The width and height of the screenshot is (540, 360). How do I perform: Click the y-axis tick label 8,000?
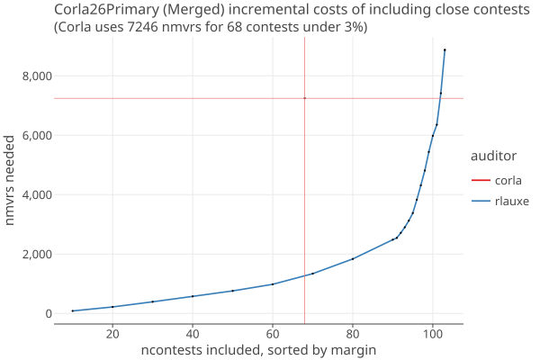(x=37, y=76)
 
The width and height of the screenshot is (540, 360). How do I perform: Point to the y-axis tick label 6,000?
(x=37, y=135)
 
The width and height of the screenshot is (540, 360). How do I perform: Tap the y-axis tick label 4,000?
(x=37, y=194)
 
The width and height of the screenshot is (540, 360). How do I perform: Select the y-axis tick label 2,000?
(x=37, y=254)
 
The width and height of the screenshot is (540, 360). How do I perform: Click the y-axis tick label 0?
(x=49, y=313)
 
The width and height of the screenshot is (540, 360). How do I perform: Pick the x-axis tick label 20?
(x=112, y=334)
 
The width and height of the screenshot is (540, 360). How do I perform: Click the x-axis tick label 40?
(x=193, y=334)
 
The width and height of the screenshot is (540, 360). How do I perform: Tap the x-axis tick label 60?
(x=273, y=334)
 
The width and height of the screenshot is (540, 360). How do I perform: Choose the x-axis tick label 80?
(x=353, y=334)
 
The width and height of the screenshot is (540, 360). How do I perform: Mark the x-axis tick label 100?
(x=433, y=334)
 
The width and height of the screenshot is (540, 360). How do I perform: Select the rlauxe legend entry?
(x=500, y=201)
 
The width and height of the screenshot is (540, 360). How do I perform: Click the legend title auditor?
(x=493, y=156)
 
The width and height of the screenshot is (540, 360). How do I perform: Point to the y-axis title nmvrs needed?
(x=9, y=180)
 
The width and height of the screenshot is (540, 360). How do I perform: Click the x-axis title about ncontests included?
(x=258, y=350)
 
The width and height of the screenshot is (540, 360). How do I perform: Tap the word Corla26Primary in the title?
(x=106, y=9)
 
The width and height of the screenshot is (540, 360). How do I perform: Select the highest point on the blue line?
(x=445, y=50)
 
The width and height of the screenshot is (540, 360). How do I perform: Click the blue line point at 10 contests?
(x=73, y=310)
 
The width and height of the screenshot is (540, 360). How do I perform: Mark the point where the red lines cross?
(x=305, y=98)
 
